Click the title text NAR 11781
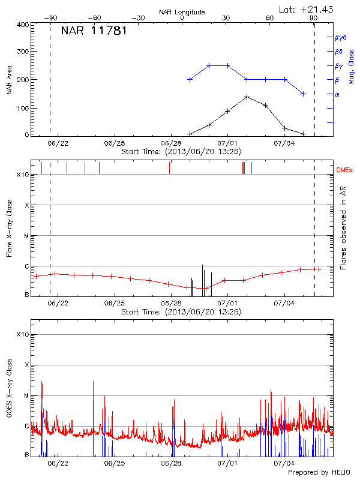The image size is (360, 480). click(x=94, y=31)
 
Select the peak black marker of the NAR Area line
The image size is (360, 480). click(x=247, y=97)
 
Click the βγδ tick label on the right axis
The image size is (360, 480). click(x=340, y=37)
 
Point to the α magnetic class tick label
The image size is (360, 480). click(x=337, y=94)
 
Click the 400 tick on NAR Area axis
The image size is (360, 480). click(x=23, y=25)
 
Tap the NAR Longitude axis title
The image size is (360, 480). click(x=182, y=12)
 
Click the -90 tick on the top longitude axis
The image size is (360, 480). click(x=52, y=19)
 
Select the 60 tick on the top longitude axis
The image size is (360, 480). click(x=270, y=19)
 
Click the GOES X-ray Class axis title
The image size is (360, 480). click(x=10, y=393)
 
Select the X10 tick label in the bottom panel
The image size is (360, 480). click(x=23, y=334)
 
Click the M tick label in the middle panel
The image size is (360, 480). click(x=26, y=236)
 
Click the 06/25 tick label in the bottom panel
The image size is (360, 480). click(x=115, y=464)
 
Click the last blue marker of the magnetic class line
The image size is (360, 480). click(x=304, y=94)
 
